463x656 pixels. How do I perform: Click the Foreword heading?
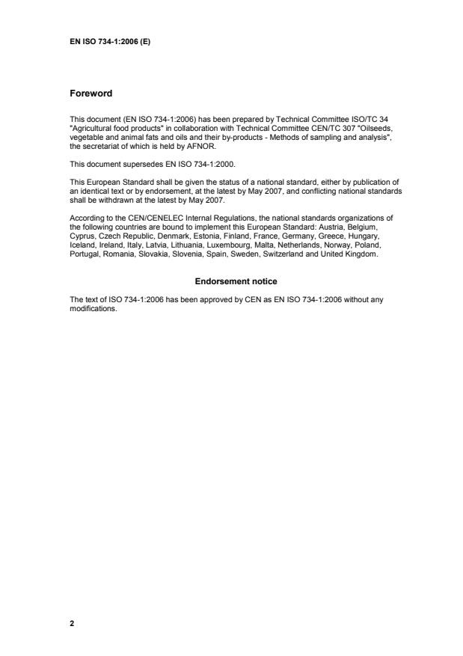pos(91,94)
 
